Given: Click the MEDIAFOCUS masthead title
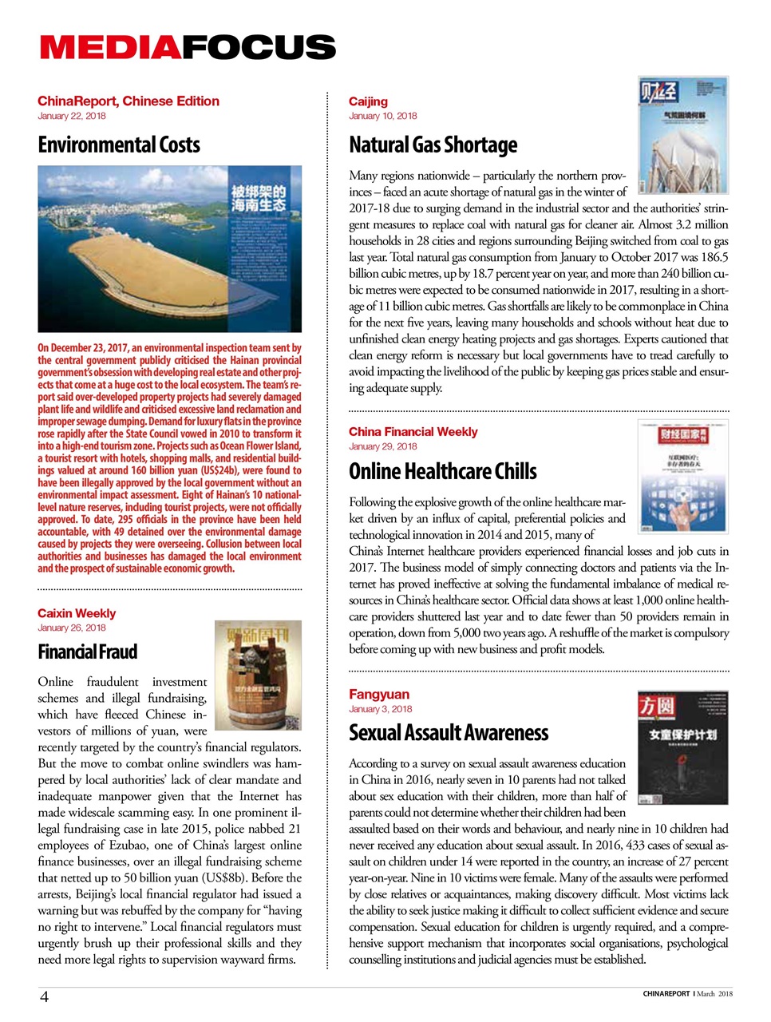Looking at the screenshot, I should [x=188, y=48].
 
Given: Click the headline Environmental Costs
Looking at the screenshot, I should [x=118, y=145].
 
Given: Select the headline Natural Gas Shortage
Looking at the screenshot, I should [x=433, y=145].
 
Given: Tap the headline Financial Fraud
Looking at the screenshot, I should [x=87, y=652].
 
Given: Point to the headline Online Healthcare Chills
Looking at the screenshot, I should [x=442, y=471].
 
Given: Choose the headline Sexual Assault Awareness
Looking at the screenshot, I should [x=448, y=732].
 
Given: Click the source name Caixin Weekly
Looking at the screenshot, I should [x=77, y=613].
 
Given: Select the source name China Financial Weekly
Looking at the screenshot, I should [x=413, y=431].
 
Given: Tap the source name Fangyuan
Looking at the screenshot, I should [x=378, y=694].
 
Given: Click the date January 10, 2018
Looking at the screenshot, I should [x=382, y=116].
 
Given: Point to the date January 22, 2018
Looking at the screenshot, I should [x=71, y=116].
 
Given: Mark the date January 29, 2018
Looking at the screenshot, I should [x=382, y=446].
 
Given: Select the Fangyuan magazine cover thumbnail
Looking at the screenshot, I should [x=682, y=747].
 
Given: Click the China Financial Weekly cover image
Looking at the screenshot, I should [x=682, y=477].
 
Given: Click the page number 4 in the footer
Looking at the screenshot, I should [x=45, y=996].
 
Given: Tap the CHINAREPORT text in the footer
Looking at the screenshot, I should [x=666, y=994].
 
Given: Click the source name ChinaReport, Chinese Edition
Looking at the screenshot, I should [x=128, y=101].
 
